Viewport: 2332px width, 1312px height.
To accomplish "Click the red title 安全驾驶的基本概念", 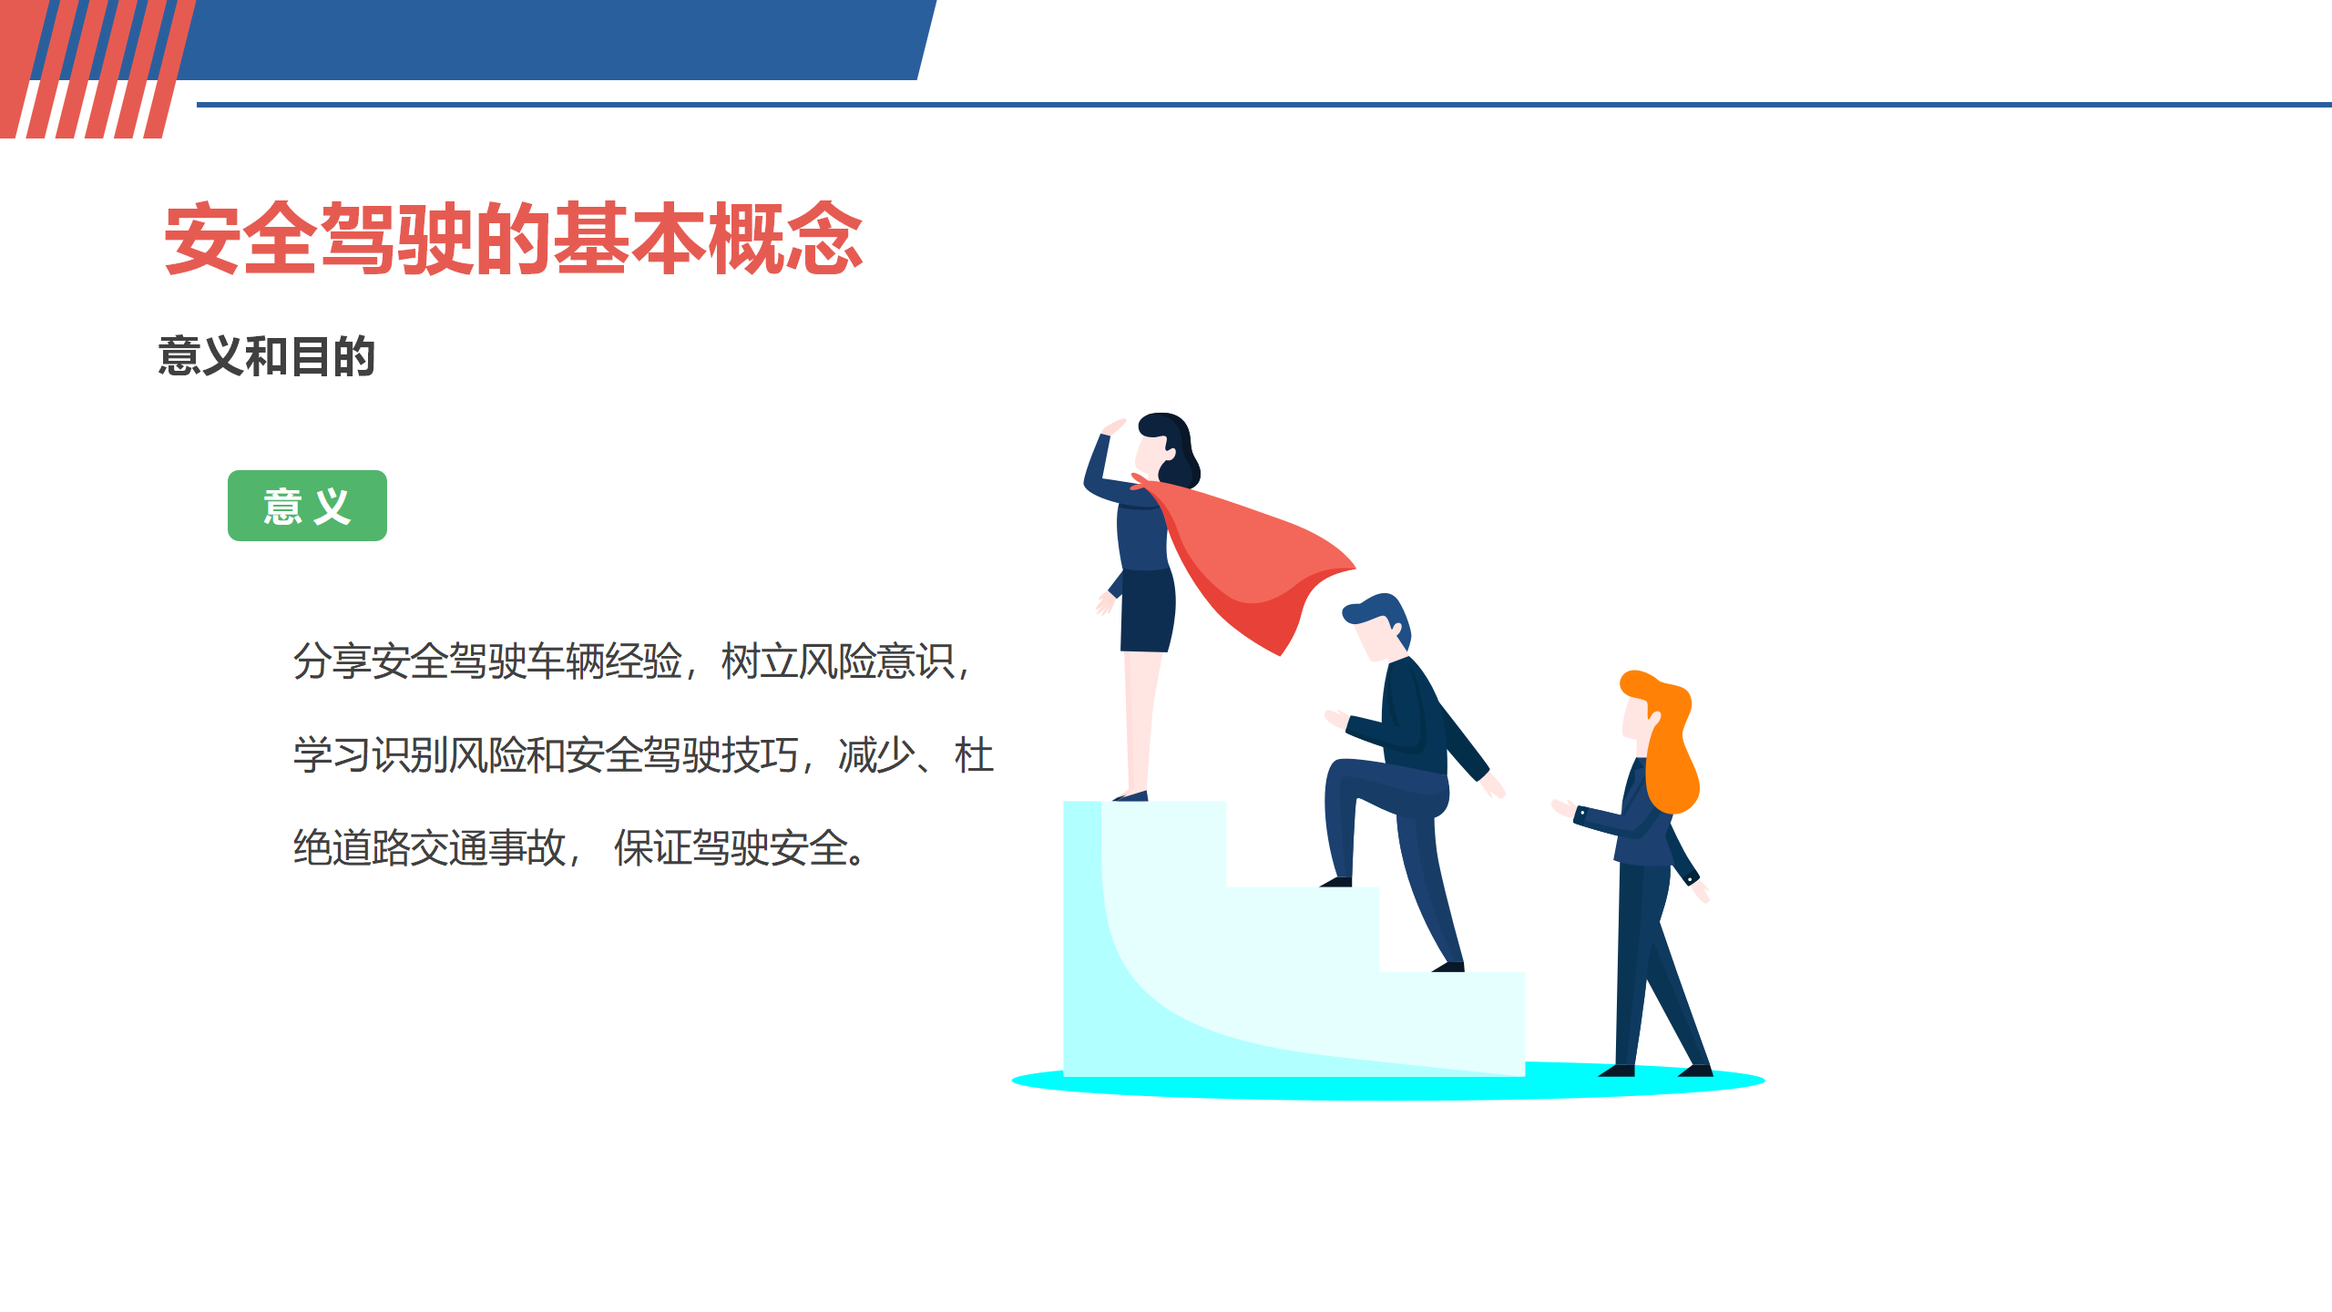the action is click(x=513, y=239).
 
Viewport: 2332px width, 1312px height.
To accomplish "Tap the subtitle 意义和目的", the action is click(x=267, y=355).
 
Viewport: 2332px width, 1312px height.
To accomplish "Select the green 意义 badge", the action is click(x=307, y=506).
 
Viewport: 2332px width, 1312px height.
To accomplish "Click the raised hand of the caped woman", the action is click(x=1113, y=426).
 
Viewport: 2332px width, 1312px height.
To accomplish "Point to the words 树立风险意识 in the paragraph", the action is click(x=837, y=661).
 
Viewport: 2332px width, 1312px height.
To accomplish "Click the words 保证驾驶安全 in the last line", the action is click(x=731, y=848).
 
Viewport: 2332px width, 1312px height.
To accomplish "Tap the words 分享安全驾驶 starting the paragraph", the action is click(x=410, y=661).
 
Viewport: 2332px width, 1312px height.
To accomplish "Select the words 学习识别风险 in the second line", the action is click(x=410, y=755).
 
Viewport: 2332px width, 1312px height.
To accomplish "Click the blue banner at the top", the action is click(x=556, y=39).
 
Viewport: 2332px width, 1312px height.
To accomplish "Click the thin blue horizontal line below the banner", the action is click(x=1264, y=105).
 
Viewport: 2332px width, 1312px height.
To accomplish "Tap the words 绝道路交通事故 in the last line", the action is click(x=430, y=848).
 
